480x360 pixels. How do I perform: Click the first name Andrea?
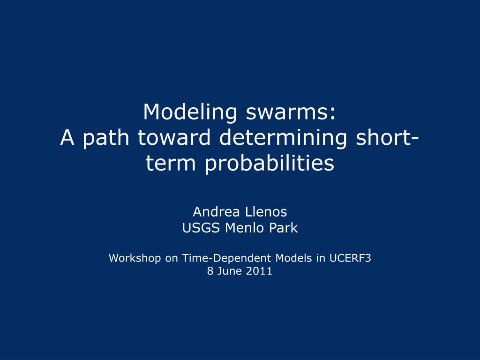[x=214, y=212]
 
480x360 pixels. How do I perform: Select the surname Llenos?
[x=266, y=212]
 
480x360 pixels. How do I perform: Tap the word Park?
[x=283, y=228]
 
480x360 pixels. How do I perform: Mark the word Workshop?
[x=135, y=258]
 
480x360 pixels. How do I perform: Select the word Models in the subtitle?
[x=294, y=258]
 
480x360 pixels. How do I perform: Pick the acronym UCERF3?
[x=350, y=258]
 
